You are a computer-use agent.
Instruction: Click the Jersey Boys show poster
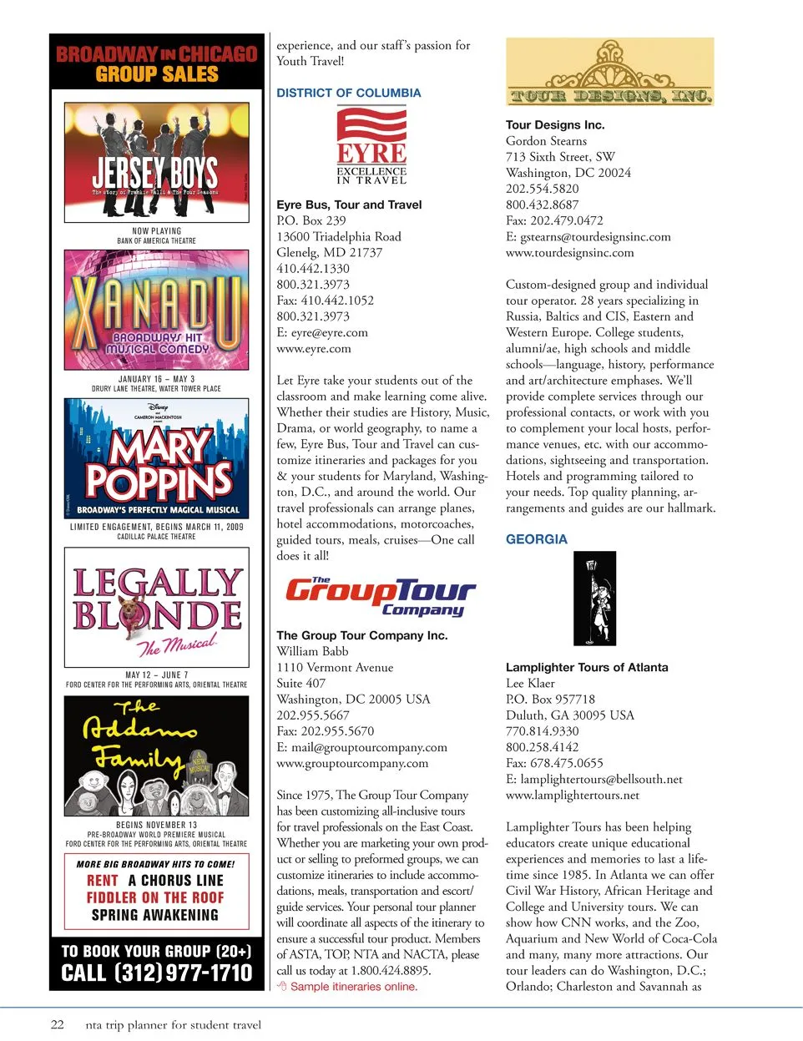[x=156, y=162]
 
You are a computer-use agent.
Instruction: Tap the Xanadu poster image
[x=156, y=310]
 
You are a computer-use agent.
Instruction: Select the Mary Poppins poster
[x=156, y=457]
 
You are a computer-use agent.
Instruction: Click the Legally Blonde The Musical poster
[x=156, y=607]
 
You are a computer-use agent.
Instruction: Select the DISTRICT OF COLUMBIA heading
[x=348, y=93]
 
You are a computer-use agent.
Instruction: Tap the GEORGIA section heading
[x=536, y=539]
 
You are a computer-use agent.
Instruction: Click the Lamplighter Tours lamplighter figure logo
[x=594, y=598]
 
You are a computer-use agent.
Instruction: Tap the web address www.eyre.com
[x=314, y=349]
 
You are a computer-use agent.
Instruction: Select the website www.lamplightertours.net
[x=573, y=795]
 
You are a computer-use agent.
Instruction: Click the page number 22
[x=57, y=1024]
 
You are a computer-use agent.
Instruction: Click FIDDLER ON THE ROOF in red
[x=155, y=897]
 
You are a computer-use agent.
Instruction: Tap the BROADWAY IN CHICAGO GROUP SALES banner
[x=156, y=63]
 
